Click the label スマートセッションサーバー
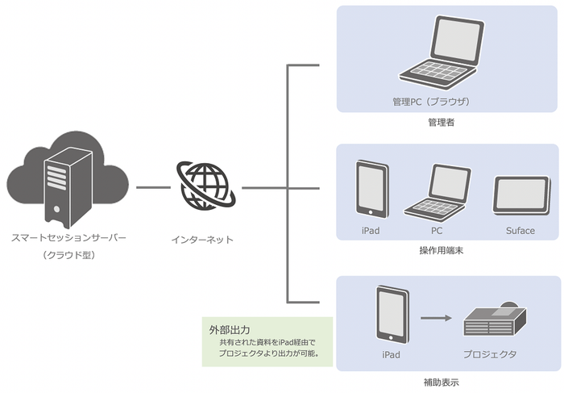[x=68, y=239]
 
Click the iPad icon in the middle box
[x=371, y=188]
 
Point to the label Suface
[x=520, y=231]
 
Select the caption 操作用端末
[x=442, y=251]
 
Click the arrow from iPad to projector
[x=436, y=318]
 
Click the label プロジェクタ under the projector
[x=489, y=354]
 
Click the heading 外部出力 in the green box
[x=229, y=330]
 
